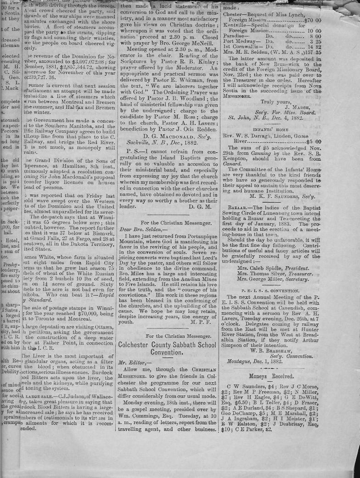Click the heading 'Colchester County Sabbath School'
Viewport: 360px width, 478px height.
click(x=168, y=345)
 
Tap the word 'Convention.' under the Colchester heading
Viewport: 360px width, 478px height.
click(x=167, y=354)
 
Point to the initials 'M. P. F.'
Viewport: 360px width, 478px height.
click(x=201, y=322)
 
